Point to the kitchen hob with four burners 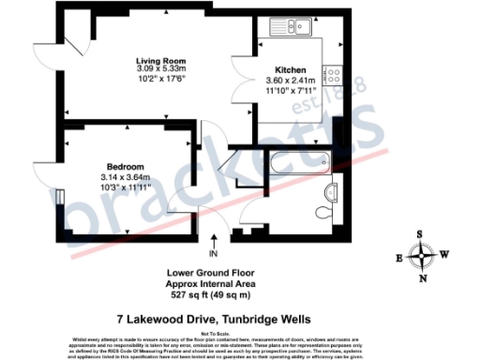coord(333,71)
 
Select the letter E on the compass coord(400,256)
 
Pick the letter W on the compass coord(446,255)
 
